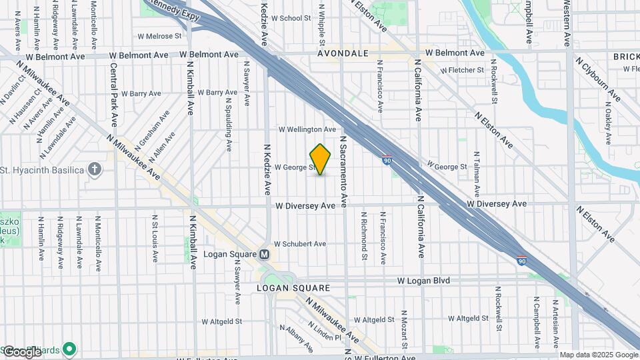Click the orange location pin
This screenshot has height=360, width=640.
point(321,159)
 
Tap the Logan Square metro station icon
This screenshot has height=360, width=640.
point(264,254)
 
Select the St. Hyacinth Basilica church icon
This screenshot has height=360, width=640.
point(95,169)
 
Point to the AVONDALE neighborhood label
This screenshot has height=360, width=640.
point(343,53)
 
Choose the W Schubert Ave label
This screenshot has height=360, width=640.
point(300,244)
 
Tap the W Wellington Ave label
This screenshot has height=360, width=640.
point(307,129)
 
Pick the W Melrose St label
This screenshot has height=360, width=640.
point(159,36)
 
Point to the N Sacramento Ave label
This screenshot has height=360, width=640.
point(344,171)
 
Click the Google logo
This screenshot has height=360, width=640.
point(22,351)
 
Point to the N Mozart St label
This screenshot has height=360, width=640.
point(404,329)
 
